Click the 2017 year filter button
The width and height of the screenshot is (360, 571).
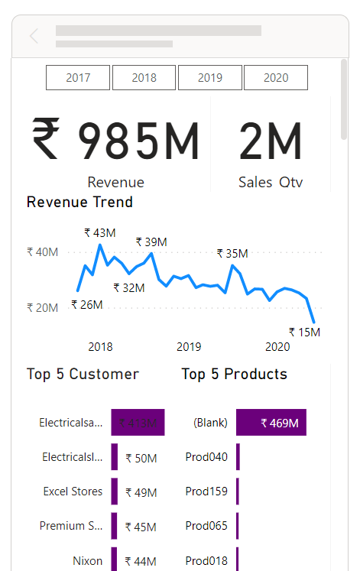[78, 77]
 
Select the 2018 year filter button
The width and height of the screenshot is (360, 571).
[144, 77]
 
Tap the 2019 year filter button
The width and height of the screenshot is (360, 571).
[210, 77]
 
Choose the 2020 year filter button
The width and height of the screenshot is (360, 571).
[276, 77]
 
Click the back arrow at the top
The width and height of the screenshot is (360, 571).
[34, 36]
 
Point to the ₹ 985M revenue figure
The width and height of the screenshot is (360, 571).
[115, 142]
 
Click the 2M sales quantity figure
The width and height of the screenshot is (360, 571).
[271, 142]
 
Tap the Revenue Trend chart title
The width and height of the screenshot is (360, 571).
[79, 203]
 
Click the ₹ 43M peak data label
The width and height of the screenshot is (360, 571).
[100, 232]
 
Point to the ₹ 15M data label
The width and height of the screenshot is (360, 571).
[304, 332]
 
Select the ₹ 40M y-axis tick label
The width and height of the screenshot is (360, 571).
[42, 251]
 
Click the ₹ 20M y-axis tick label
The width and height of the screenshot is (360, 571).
[42, 307]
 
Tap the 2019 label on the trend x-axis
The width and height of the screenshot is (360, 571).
[189, 347]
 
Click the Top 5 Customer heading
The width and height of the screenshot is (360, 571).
[83, 374]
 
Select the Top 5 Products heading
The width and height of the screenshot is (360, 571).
[235, 374]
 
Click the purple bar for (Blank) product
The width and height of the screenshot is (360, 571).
[271, 422]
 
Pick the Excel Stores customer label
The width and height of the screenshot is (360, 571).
[73, 492]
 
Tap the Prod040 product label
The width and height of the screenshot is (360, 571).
[206, 457]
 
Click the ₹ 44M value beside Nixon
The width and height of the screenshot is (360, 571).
[141, 562]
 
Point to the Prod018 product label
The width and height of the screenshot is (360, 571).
[206, 561]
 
